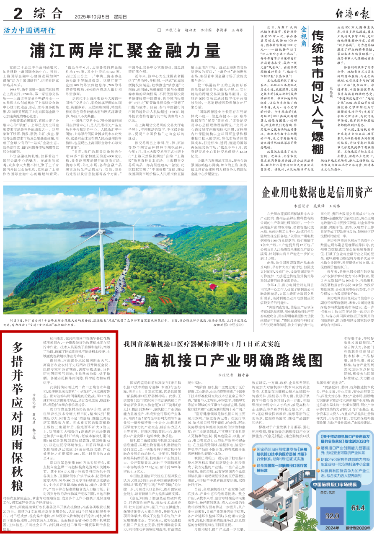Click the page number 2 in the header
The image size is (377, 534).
tap(18, 14)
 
